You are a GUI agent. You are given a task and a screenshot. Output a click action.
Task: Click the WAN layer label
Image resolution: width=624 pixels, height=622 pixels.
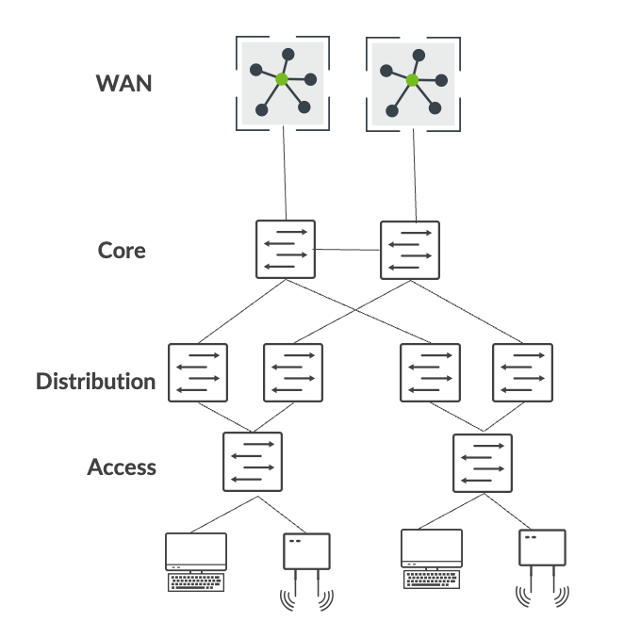(123, 83)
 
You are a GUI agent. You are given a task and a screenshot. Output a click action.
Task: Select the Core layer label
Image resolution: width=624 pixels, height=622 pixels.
(122, 251)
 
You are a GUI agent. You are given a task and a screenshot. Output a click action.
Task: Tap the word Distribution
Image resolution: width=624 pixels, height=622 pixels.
(95, 382)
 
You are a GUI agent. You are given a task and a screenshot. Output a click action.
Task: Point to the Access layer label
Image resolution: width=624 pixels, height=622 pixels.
(122, 467)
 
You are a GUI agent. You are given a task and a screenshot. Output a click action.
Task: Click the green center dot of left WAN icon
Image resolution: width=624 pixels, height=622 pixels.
(282, 80)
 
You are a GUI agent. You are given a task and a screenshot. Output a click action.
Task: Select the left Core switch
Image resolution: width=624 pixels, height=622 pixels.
(286, 249)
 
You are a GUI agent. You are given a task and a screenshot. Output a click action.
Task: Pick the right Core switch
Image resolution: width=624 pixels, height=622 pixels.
(409, 250)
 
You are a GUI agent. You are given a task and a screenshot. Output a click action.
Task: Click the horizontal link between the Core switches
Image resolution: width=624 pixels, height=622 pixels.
(347, 250)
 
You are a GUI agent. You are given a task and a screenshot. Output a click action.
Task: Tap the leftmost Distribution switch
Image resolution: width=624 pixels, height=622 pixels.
(198, 373)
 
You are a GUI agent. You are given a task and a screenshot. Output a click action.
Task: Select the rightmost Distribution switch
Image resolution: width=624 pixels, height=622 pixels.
(522, 373)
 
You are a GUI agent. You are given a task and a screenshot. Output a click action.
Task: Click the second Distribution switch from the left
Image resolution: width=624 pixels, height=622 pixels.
(293, 373)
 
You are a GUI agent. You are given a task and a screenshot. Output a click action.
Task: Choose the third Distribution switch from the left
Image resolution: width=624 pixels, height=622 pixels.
(430, 373)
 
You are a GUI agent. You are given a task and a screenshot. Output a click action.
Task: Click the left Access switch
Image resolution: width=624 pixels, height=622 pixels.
(252, 461)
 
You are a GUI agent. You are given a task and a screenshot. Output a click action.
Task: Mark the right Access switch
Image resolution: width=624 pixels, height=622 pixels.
(483, 462)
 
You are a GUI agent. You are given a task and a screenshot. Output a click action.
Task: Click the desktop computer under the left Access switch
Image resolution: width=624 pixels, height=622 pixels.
(196, 562)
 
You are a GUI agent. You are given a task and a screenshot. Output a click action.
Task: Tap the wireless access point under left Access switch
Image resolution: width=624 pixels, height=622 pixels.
(307, 565)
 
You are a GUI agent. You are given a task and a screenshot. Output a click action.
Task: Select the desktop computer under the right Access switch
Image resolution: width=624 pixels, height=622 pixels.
(431, 560)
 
